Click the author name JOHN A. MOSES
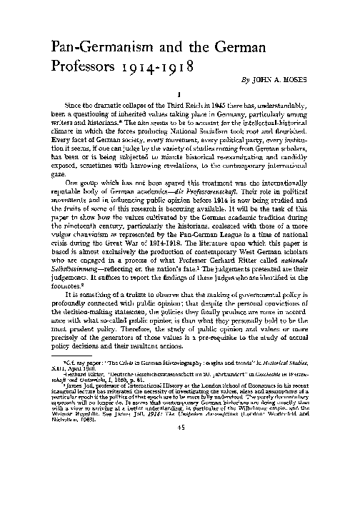click(299, 79)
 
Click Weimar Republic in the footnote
click(61, 455)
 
